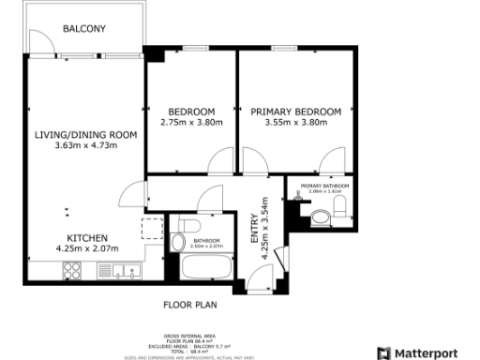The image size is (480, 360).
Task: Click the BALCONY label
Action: (x=83, y=29)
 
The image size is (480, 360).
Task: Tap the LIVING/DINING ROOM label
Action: (x=85, y=135)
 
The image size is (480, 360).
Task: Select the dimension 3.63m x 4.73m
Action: (x=85, y=146)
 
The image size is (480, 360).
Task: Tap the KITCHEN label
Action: (x=85, y=238)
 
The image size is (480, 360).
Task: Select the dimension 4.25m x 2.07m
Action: (x=85, y=248)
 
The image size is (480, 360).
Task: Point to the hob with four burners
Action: (x=74, y=272)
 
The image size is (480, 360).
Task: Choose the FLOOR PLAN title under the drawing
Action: (x=192, y=305)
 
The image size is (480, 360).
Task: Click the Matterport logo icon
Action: (x=383, y=352)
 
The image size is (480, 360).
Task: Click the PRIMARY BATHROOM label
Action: (x=324, y=187)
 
